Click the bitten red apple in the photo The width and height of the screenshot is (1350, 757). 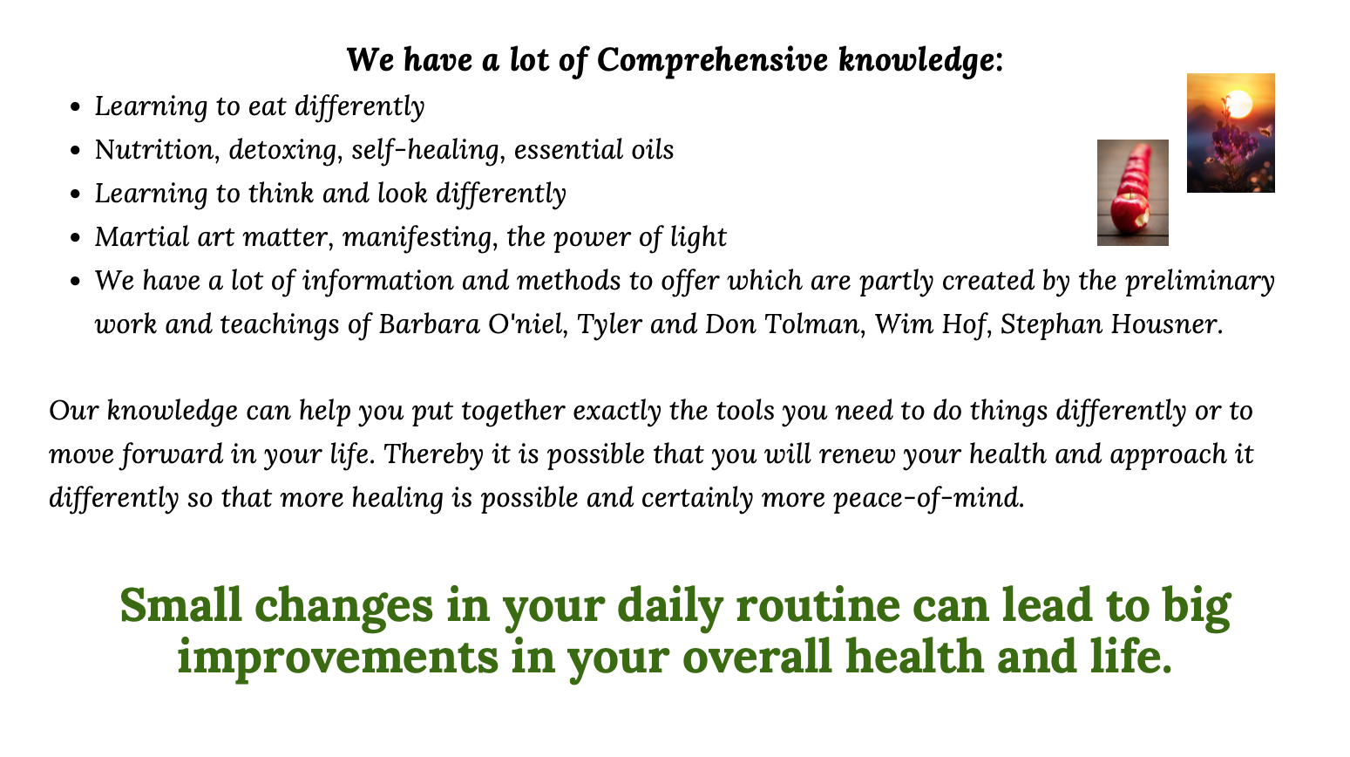pyautogui.click(x=1130, y=214)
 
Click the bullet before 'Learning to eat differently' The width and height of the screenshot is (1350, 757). pyautogui.click(x=75, y=107)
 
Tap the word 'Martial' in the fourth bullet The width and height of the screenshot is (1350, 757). pyautogui.click(x=142, y=236)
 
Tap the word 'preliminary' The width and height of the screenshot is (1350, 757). pyautogui.click(x=1199, y=281)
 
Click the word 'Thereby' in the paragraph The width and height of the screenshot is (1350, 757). pyautogui.click(x=433, y=454)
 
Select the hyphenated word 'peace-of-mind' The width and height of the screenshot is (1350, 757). pyautogui.click(x=928, y=498)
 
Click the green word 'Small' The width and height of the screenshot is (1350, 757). pyautogui.click(x=180, y=605)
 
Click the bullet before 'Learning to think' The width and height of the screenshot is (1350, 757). pyautogui.click(x=75, y=194)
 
